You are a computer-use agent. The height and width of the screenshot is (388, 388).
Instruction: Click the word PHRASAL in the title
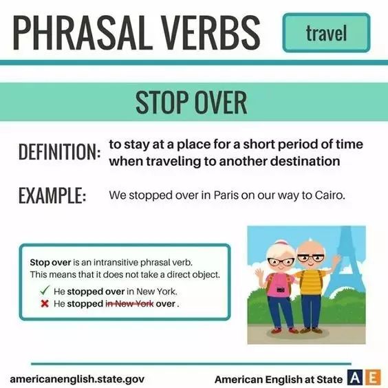tap(83, 32)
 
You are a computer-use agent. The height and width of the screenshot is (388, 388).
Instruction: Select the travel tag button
tap(326, 32)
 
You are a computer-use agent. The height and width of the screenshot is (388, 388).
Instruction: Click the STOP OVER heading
tap(191, 103)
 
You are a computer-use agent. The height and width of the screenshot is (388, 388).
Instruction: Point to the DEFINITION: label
tap(60, 151)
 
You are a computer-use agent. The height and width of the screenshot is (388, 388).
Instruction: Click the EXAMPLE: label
tap(52, 195)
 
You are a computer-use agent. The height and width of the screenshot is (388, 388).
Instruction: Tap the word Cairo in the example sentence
tap(330, 195)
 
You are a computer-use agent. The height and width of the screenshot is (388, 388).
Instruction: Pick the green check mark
tap(45, 290)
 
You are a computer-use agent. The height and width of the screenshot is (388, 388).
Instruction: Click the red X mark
tap(45, 303)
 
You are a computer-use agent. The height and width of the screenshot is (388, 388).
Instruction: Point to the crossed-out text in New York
tap(129, 303)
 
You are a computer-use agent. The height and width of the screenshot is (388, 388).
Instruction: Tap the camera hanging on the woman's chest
tap(281, 290)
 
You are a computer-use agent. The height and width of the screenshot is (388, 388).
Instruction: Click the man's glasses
tap(311, 258)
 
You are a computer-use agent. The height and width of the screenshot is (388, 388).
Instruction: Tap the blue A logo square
tap(354, 378)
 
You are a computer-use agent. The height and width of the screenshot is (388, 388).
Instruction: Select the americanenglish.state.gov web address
tap(77, 379)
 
